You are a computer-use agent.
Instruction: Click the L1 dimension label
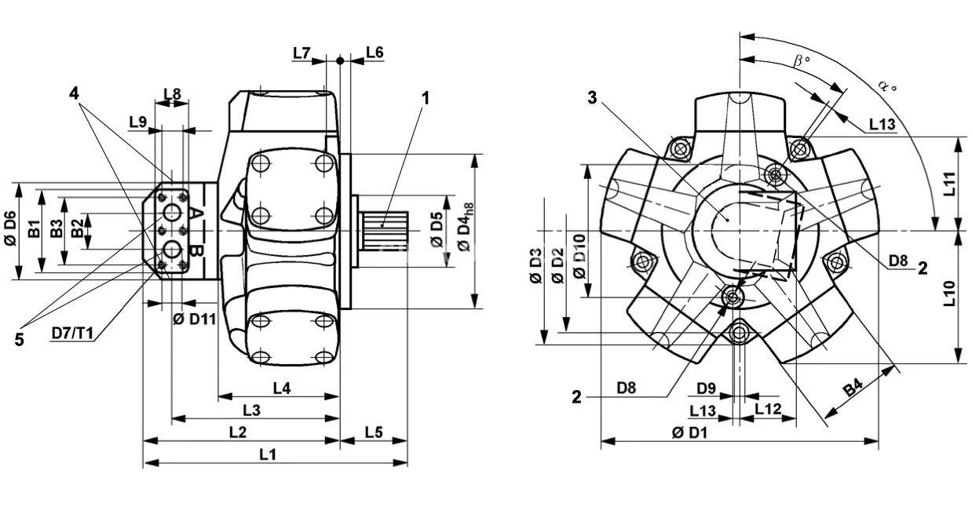tap(268, 454)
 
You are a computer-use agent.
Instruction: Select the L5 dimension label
tap(374, 432)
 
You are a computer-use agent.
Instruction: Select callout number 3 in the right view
tap(593, 97)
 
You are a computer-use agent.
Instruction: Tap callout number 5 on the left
tap(19, 339)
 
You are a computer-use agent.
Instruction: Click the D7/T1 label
tap(73, 334)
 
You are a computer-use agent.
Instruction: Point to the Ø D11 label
tap(194, 318)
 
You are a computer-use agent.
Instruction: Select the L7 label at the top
tap(302, 53)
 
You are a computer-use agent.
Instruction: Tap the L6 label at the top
tap(374, 53)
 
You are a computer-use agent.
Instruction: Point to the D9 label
tap(707, 388)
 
